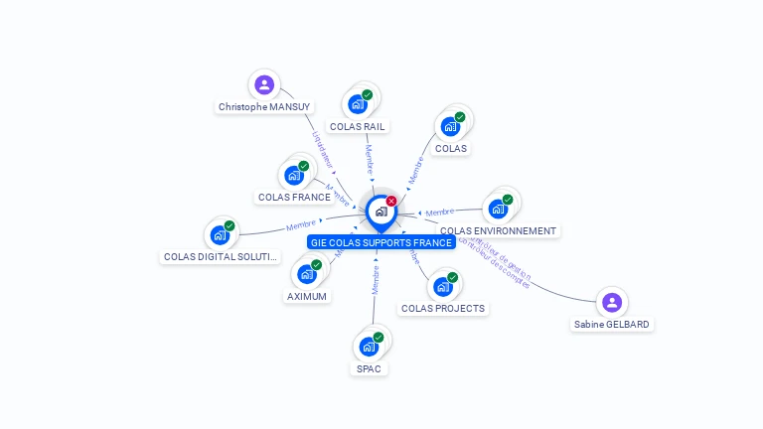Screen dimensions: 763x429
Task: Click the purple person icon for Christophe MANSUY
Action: point(263,84)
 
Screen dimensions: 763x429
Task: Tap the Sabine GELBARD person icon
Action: point(612,302)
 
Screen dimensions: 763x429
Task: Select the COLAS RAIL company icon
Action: point(357,103)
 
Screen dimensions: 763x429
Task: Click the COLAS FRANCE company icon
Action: point(294,175)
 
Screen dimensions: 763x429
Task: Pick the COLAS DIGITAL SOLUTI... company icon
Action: point(220,235)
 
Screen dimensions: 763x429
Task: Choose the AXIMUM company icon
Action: point(307,273)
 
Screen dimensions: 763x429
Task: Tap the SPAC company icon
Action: point(369,346)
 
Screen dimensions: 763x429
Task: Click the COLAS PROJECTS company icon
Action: point(443,286)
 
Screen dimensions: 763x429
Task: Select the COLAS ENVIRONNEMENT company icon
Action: point(498,209)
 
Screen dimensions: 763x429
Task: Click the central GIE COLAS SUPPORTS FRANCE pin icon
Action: point(381,212)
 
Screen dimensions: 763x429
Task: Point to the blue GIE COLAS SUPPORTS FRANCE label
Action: point(381,242)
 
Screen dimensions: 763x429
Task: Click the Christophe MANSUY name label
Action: point(264,106)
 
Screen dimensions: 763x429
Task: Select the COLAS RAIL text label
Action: point(358,126)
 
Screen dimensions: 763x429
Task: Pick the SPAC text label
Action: point(369,368)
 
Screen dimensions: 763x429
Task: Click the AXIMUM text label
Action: point(307,296)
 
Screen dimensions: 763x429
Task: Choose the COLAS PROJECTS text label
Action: point(443,308)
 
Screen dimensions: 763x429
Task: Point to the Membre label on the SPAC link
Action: point(376,280)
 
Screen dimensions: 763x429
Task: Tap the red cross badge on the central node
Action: point(391,201)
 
